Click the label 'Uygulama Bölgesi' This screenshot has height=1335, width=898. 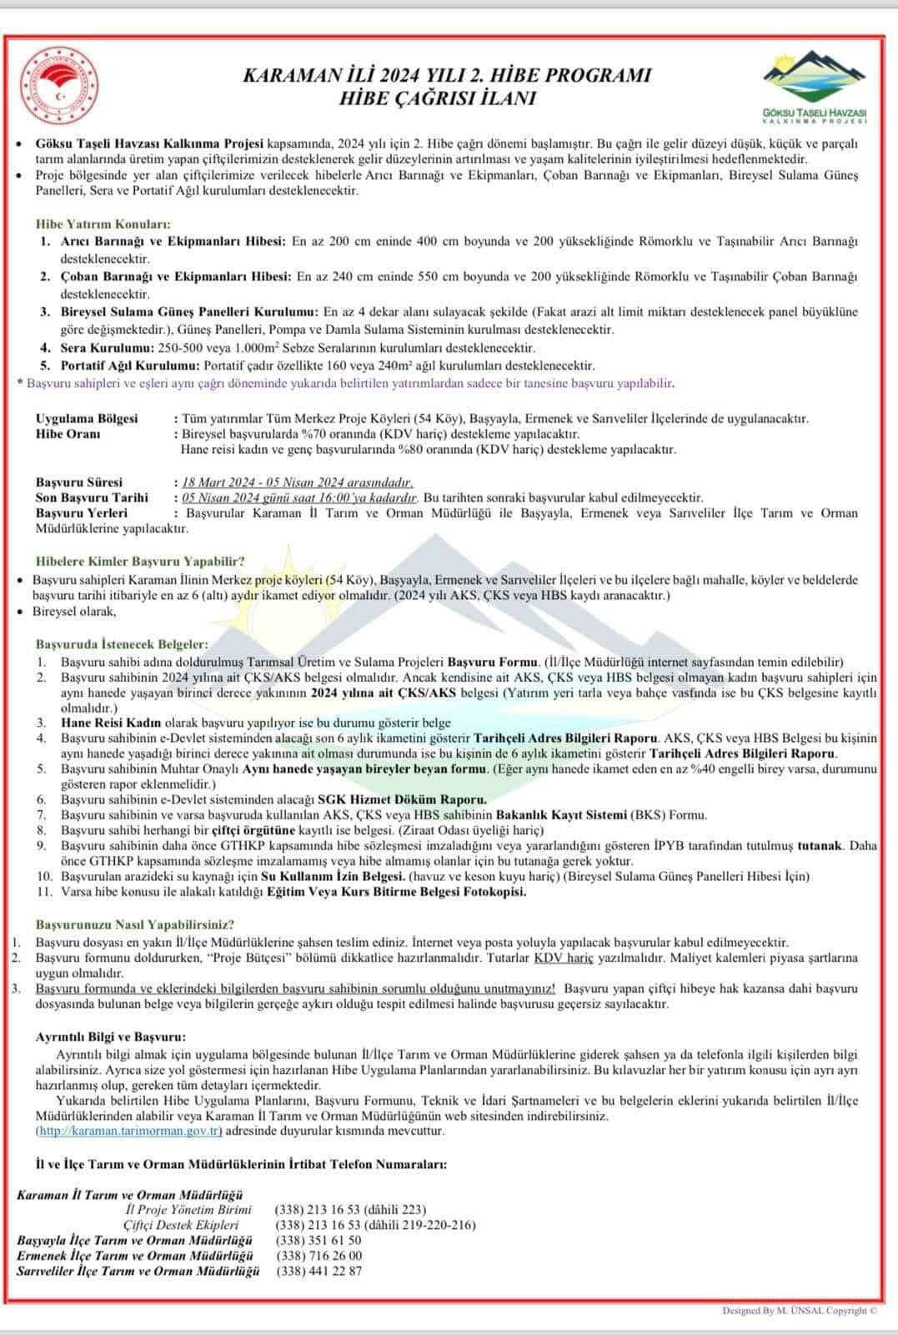pos(87,418)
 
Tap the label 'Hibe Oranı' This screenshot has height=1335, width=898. pos(68,434)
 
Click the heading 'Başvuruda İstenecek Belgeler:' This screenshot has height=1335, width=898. pos(121,644)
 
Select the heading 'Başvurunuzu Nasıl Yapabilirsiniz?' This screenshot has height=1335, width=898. pos(134,924)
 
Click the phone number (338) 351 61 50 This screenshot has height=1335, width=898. pos(319,1241)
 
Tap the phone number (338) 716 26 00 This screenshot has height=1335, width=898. pos(319,1256)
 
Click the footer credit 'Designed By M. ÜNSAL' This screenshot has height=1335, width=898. pos(770,1311)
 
